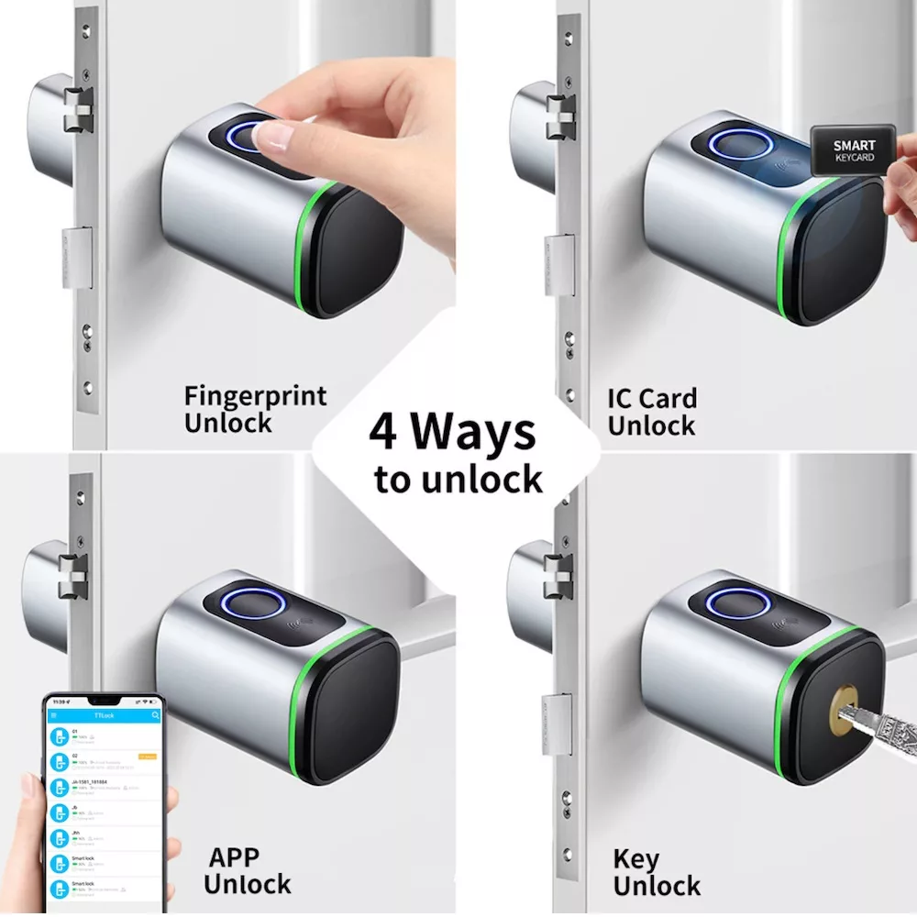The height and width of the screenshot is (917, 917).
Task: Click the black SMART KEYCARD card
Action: click(x=853, y=150)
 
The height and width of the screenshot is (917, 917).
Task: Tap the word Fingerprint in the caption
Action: click(x=255, y=397)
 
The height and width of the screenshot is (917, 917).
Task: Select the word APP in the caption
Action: click(x=234, y=857)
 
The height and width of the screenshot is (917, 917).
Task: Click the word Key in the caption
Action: click(x=635, y=859)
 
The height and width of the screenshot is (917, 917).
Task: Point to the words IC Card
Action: click(x=651, y=399)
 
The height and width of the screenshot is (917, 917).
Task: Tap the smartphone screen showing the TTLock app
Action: click(x=103, y=798)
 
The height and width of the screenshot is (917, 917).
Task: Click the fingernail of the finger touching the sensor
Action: click(x=272, y=138)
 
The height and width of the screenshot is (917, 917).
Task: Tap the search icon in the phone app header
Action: click(x=155, y=715)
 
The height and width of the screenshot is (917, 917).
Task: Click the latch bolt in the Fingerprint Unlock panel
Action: click(x=79, y=113)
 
